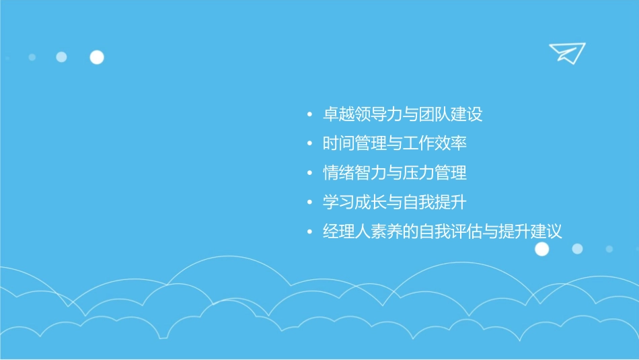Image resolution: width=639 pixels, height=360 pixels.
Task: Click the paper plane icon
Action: pos(566,52)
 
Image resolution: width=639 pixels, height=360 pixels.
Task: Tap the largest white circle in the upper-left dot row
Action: pos(97,57)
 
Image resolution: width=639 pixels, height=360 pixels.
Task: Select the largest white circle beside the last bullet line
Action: pos(541,249)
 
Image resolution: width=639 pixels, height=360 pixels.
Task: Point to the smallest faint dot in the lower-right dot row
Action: pos(609,249)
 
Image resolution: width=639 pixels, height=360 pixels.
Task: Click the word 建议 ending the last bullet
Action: pos(547,232)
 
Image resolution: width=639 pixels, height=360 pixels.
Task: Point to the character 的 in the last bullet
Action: pos(410,232)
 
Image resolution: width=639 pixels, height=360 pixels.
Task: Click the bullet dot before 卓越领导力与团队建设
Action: pos(309,115)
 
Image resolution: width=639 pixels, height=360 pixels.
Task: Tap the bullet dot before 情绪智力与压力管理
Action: pos(309,174)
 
